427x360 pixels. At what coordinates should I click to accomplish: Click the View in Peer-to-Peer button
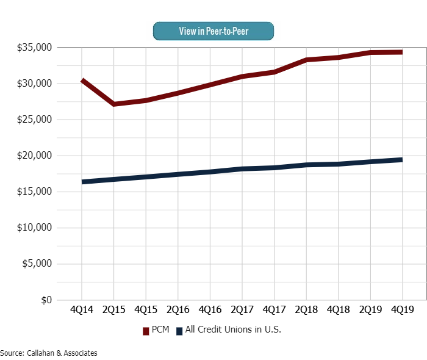[x=213, y=31]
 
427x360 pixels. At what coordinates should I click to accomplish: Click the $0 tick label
[x=46, y=300]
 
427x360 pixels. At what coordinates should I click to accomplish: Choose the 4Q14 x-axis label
[x=82, y=310]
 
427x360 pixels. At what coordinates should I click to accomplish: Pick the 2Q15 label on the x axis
[x=113, y=310]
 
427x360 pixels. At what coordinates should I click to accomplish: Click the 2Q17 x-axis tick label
[x=242, y=310]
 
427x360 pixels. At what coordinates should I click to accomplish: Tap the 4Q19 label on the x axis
[x=401, y=310]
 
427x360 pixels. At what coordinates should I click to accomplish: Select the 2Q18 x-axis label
[x=306, y=310]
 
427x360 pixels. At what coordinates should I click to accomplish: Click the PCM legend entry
[x=156, y=330]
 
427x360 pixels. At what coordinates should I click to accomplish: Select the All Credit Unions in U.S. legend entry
[x=229, y=330]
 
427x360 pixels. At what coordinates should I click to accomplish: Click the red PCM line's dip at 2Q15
[x=113, y=104]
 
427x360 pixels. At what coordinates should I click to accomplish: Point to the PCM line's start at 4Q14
[x=82, y=81]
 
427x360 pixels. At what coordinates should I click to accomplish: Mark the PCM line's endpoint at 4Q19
[x=401, y=52]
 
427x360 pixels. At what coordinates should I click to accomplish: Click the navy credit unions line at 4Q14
[x=82, y=182]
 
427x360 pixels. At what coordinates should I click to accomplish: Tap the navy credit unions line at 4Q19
[x=401, y=160]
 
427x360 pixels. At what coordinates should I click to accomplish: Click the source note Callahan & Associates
[x=49, y=353]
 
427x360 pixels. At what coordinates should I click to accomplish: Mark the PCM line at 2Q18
[x=306, y=60]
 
